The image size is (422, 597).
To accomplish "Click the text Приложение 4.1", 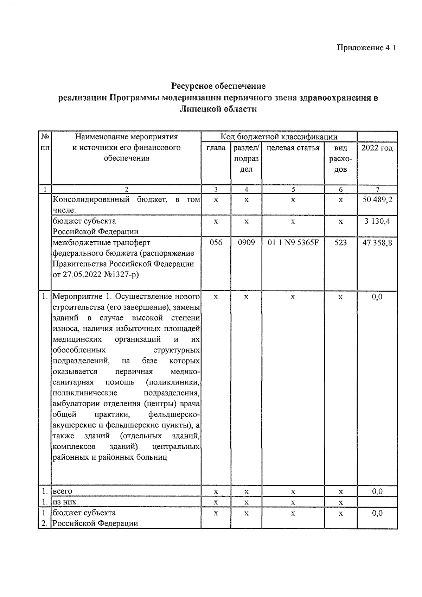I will [366, 47].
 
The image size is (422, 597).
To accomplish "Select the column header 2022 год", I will [377, 148].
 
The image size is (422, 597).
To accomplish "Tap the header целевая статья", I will [293, 148].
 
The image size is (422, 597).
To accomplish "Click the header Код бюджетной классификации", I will [279, 137].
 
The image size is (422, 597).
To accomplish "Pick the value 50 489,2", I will [377, 200].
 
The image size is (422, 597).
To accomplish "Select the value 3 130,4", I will [377, 221].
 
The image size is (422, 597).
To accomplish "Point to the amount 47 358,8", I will [377, 243].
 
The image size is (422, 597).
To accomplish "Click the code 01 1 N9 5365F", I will [293, 243].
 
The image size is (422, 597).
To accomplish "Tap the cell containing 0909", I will [246, 243].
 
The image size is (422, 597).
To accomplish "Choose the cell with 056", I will [216, 243].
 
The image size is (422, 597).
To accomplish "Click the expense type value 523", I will [340, 243].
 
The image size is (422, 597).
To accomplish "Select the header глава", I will [216, 148].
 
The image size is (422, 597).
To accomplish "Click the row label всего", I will [62, 491].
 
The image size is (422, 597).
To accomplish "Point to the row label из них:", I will [66, 502].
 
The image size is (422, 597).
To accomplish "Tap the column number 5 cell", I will [293, 190].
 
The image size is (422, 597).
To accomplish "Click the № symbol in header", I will [45, 137].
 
